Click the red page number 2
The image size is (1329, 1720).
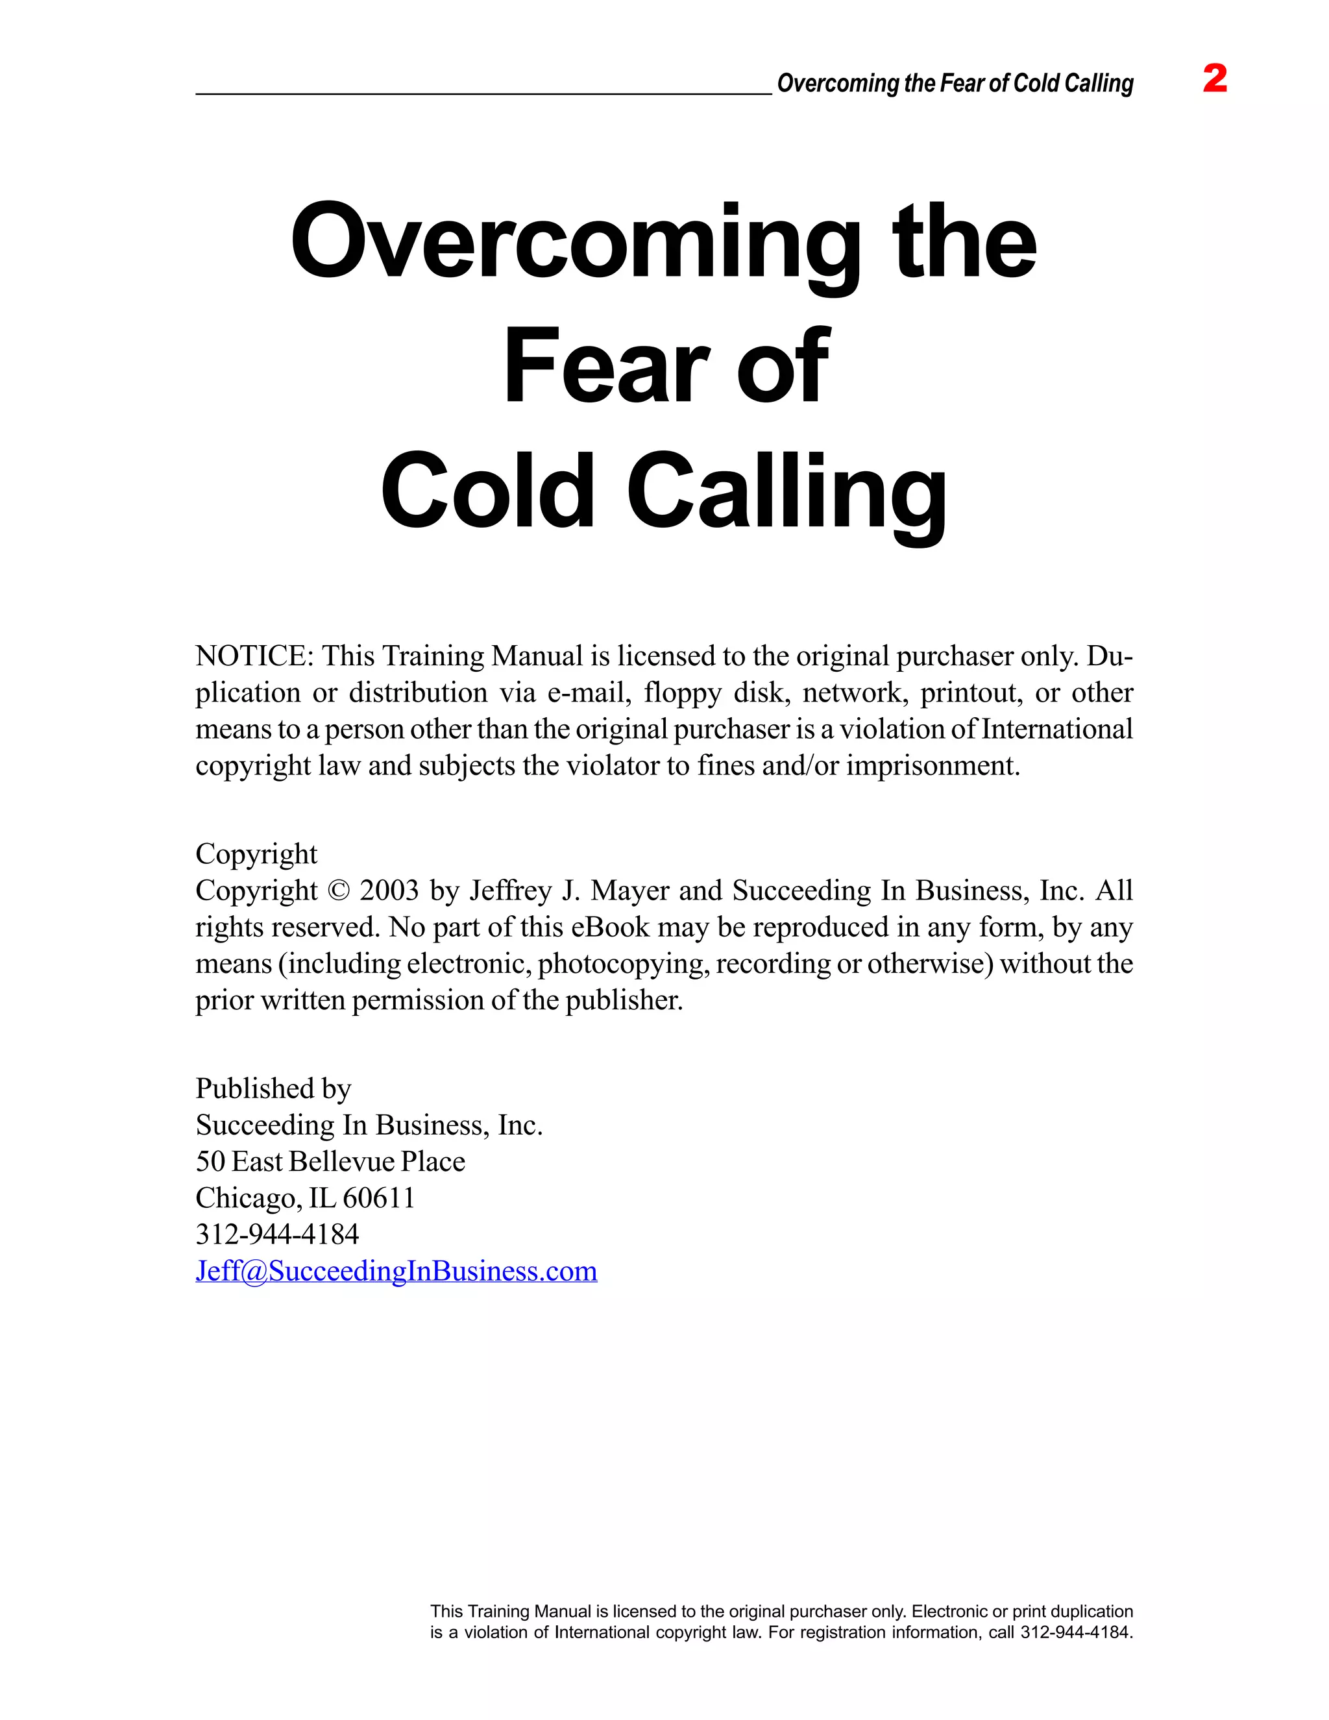pyautogui.click(x=1215, y=80)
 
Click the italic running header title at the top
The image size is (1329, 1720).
pyautogui.click(x=955, y=84)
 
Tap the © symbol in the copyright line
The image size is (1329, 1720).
pyautogui.click(x=337, y=891)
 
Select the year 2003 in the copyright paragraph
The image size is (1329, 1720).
pyautogui.click(x=389, y=891)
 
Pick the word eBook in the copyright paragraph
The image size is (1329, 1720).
pyautogui.click(x=610, y=927)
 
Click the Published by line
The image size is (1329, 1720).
pyautogui.click(x=273, y=1088)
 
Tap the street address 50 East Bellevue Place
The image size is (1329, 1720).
pyautogui.click(x=330, y=1162)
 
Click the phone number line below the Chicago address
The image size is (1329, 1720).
pyautogui.click(x=277, y=1234)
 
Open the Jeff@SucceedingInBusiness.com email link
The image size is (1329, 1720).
pyautogui.click(x=396, y=1271)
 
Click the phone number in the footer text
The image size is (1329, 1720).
pyautogui.click(x=1075, y=1632)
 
